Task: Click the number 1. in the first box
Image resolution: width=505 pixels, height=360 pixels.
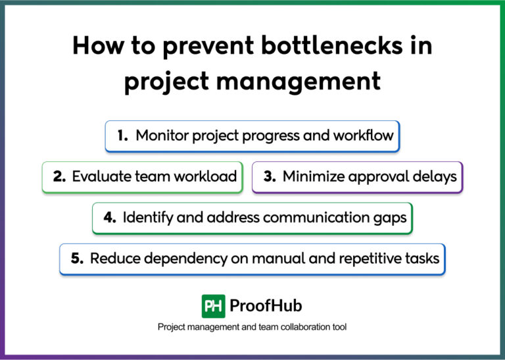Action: point(123,136)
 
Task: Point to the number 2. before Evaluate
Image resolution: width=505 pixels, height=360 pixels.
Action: point(59,177)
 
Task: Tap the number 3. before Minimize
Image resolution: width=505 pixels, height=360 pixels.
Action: point(270,177)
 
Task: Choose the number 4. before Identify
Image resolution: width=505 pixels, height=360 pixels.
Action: point(110,218)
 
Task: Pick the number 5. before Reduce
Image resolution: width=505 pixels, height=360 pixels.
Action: point(77,259)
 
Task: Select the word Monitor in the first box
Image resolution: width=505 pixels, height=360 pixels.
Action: point(162,136)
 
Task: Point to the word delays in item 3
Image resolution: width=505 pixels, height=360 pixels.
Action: point(436,177)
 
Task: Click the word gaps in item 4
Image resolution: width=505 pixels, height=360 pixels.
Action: point(391,218)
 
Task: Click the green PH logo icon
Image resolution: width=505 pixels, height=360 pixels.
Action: point(213,306)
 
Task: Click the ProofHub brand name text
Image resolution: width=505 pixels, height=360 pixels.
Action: point(266,306)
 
